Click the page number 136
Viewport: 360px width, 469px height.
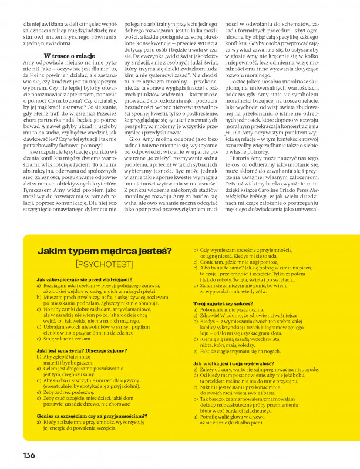click(29, 455)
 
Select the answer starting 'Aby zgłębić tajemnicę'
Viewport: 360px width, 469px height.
click(68, 359)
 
